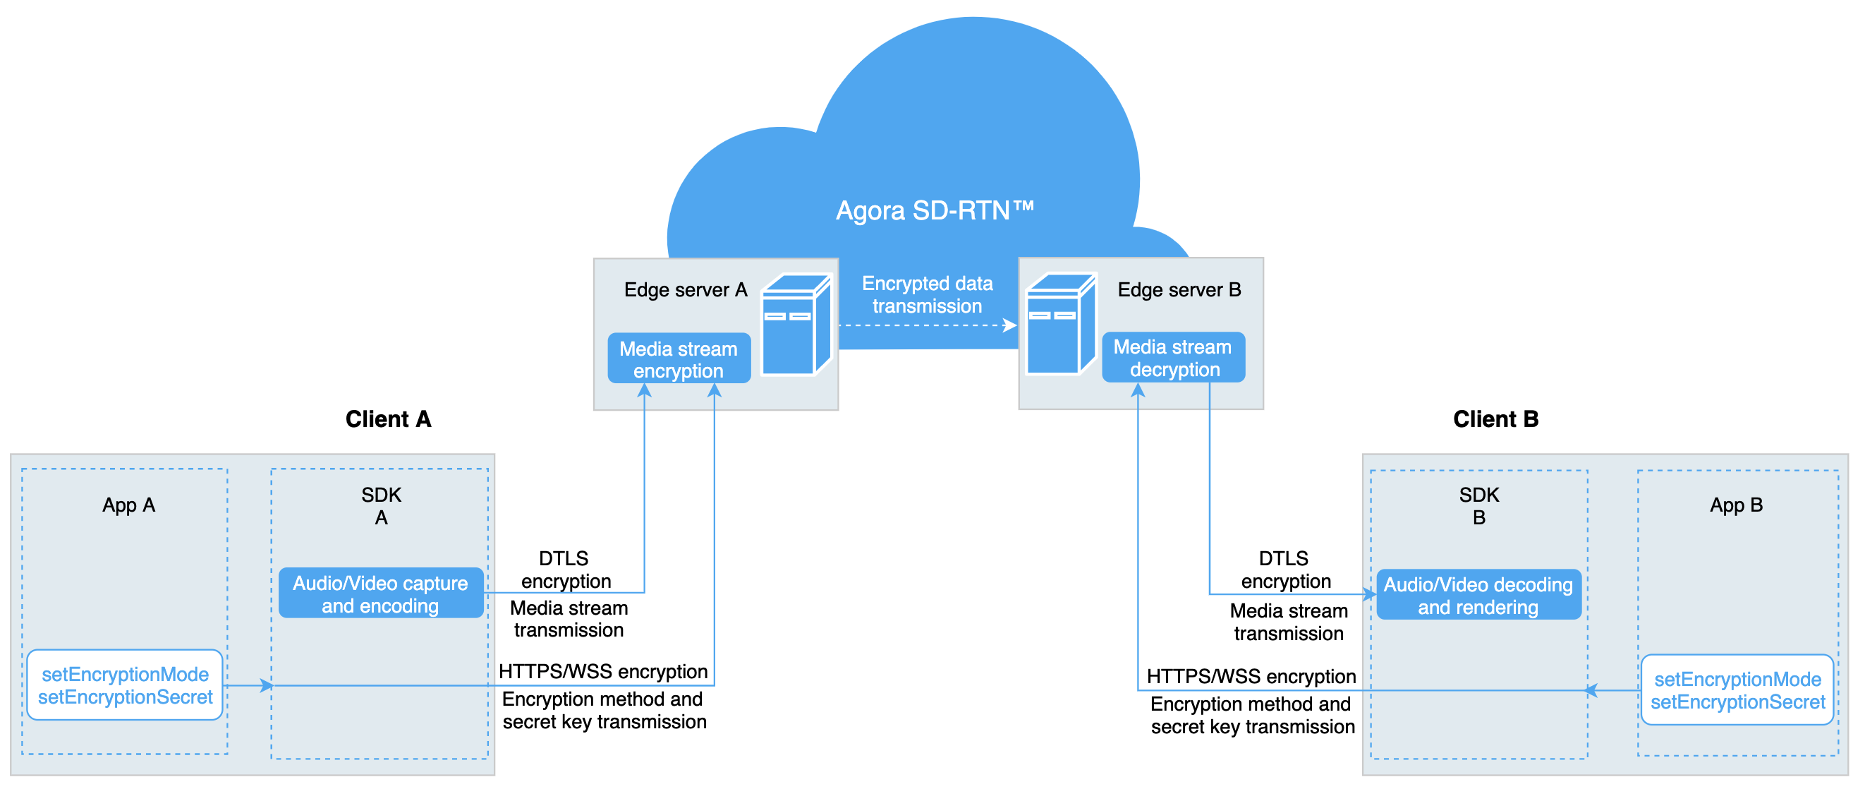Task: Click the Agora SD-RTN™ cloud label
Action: point(935,211)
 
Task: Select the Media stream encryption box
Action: point(679,359)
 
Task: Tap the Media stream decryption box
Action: point(1173,358)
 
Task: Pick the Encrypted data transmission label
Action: point(927,295)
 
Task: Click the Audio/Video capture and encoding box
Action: point(381,594)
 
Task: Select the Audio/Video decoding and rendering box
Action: point(1478,595)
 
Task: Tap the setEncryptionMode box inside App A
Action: point(125,685)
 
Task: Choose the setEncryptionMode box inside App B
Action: point(1736,689)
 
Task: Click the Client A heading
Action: point(388,418)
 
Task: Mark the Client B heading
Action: point(1495,418)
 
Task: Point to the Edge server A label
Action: point(685,290)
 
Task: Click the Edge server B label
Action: point(1179,290)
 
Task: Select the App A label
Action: point(129,505)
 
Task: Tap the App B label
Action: point(1735,505)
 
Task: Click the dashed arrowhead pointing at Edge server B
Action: point(1010,325)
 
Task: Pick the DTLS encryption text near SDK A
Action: point(566,570)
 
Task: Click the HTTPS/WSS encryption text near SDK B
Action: point(1251,676)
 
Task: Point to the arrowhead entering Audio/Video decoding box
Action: point(1370,595)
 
